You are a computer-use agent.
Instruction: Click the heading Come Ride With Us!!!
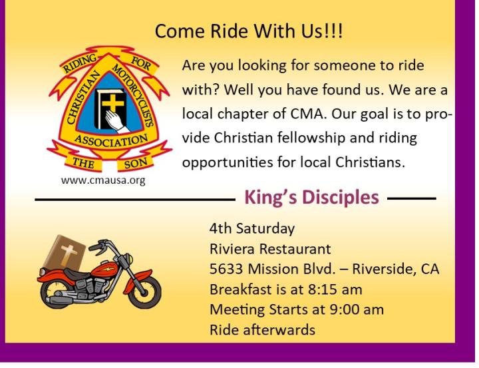tap(249, 31)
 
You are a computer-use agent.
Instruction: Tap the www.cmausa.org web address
tap(103, 180)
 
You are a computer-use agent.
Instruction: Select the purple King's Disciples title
tap(311, 198)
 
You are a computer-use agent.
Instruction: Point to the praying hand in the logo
tap(115, 120)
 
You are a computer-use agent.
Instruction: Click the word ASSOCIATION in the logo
tap(111, 140)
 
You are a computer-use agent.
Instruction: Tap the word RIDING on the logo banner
tap(80, 63)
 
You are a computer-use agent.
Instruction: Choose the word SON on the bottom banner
tap(136, 164)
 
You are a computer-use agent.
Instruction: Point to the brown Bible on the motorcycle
tap(65, 253)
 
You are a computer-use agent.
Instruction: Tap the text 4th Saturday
tap(252, 228)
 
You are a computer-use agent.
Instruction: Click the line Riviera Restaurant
tap(270, 249)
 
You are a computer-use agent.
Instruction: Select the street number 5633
tap(226, 269)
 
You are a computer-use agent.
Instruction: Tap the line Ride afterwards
tap(262, 330)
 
